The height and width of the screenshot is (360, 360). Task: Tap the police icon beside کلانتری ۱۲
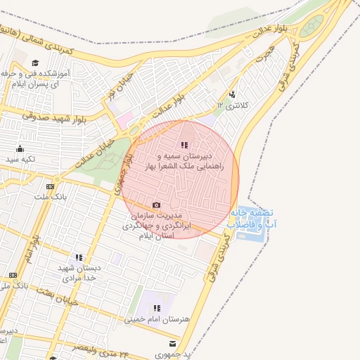(x=233, y=94)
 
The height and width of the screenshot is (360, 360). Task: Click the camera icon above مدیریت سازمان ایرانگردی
(x=156, y=205)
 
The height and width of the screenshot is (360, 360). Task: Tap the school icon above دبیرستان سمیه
(x=185, y=145)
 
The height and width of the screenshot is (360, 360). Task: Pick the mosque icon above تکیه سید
(x=20, y=148)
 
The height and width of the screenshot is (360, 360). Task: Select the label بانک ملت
(x=50, y=198)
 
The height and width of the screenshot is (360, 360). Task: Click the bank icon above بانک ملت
(x=50, y=186)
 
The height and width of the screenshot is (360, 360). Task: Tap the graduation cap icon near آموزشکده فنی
(x=33, y=63)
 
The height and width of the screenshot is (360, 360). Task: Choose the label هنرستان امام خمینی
(x=157, y=319)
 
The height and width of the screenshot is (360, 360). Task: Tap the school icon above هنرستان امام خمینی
(x=157, y=308)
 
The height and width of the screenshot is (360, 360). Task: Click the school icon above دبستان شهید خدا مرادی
(x=79, y=257)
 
